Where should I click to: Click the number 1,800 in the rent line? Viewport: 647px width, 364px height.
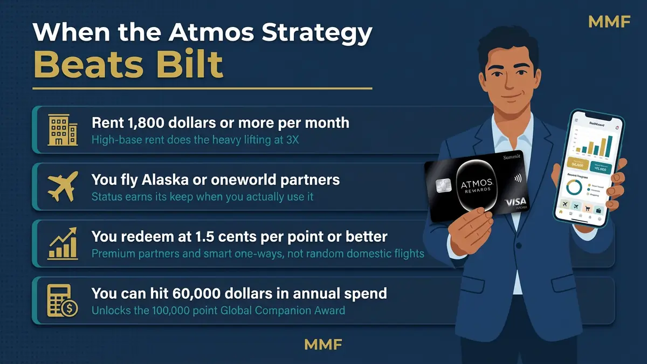(143, 123)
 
